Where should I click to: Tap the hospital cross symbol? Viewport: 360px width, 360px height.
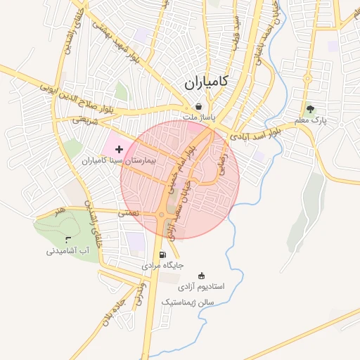click(x=119, y=149)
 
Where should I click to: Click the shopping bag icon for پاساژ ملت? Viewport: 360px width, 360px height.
click(x=200, y=107)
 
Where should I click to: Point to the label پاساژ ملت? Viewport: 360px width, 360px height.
click(x=201, y=118)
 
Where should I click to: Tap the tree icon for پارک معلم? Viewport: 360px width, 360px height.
click(x=310, y=109)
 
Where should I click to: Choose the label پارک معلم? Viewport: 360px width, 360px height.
click(x=311, y=121)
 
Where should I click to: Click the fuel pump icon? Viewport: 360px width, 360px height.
click(x=163, y=255)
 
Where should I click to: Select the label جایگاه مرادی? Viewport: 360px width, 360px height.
click(x=162, y=266)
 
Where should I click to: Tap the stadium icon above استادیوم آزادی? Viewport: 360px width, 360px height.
click(x=202, y=276)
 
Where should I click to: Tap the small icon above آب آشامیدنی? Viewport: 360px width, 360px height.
click(x=67, y=240)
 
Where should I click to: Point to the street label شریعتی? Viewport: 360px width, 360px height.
click(x=82, y=120)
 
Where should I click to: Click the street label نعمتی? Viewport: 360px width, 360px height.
click(x=129, y=212)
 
